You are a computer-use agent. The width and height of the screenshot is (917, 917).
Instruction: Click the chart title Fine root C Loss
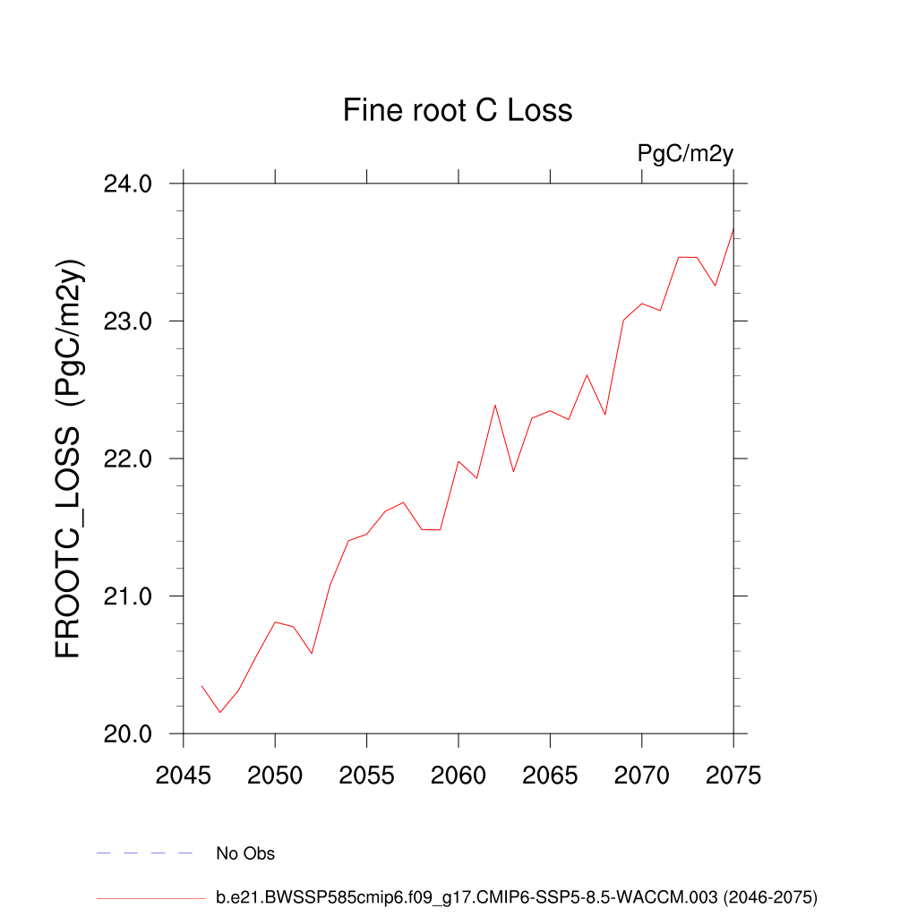pyautogui.click(x=458, y=110)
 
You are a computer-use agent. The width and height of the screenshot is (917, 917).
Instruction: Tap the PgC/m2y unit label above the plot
pyautogui.click(x=685, y=153)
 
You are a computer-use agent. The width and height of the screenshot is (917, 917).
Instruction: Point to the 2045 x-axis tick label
pyautogui.click(x=184, y=776)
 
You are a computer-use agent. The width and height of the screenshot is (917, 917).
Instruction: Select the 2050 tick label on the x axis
pyautogui.click(x=275, y=776)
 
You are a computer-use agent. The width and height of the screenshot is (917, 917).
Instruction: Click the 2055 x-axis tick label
pyautogui.click(x=367, y=776)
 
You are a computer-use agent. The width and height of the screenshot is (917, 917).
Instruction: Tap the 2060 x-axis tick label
pyautogui.click(x=458, y=776)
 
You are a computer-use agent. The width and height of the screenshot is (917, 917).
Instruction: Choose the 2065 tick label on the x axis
pyautogui.click(x=550, y=776)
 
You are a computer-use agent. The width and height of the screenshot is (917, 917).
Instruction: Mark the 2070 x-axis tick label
pyautogui.click(x=642, y=776)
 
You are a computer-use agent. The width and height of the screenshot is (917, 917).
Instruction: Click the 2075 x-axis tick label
pyautogui.click(x=733, y=776)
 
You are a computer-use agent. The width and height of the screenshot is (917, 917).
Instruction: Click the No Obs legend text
pyautogui.click(x=245, y=853)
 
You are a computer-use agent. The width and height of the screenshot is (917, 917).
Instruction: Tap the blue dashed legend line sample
pyautogui.click(x=144, y=853)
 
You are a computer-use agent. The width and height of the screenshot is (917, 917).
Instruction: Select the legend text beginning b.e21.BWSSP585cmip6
pyautogui.click(x=517, y=896)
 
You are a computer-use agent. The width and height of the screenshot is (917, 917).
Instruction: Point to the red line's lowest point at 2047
pyautogui.click(x=220, y=713)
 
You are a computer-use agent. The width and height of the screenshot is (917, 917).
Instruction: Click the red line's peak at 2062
pyautogui.click(x=495, y=405)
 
